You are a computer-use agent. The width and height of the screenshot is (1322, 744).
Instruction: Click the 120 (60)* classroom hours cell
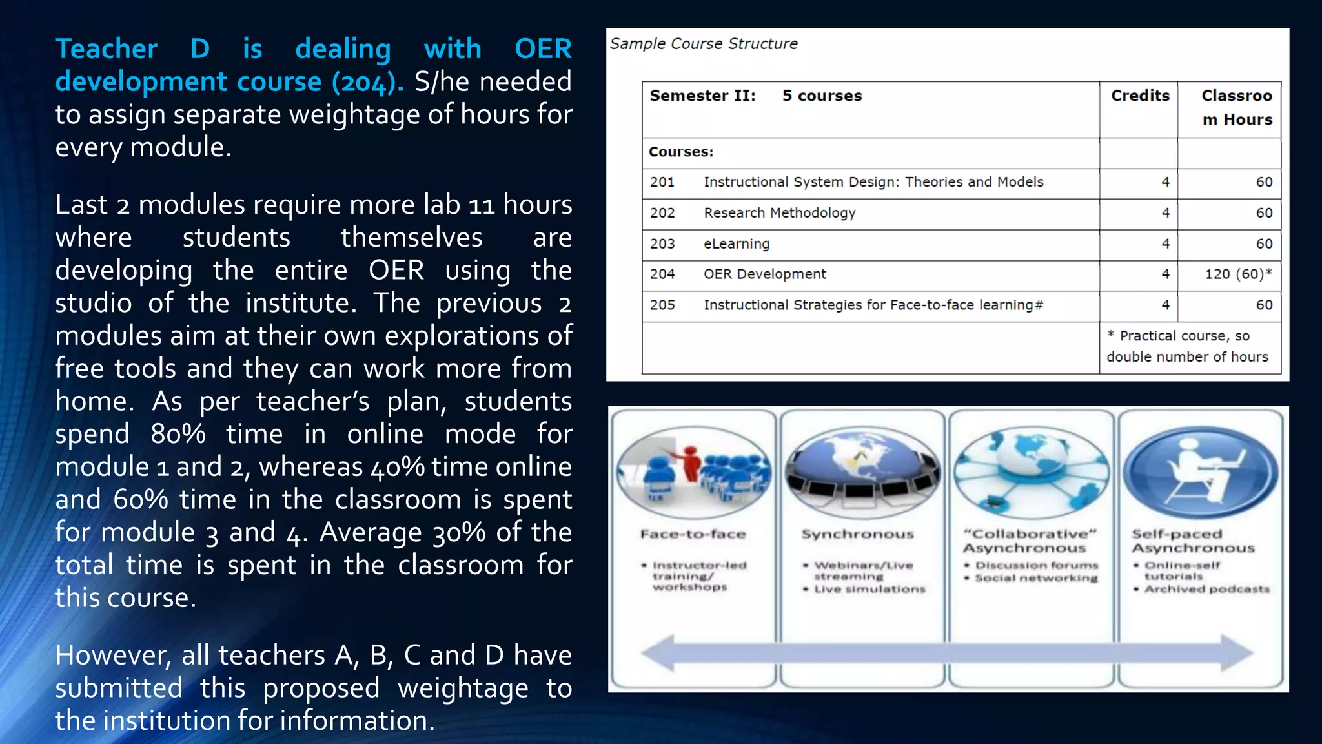coord(1237,274)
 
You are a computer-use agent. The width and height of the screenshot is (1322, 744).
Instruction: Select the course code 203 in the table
coord(662,244)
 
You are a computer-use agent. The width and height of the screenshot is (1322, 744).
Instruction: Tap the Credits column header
coord(1139,96)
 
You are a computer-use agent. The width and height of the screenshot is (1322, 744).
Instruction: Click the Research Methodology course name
coord(779,213)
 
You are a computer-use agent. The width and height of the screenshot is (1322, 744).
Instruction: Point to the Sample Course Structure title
coord(704,44)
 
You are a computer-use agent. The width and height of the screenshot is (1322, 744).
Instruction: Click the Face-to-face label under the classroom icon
coord(693,534)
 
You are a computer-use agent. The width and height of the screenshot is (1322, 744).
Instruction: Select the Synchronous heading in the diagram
coord(857,534)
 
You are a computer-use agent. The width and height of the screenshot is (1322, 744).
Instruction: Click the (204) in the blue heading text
coord(367,82)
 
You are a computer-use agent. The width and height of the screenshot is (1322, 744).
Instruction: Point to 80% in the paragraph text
coord(178,433)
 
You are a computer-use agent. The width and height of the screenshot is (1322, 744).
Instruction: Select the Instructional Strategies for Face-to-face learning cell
coord(873,305)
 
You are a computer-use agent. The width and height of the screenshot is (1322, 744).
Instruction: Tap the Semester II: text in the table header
coord(702,96)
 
